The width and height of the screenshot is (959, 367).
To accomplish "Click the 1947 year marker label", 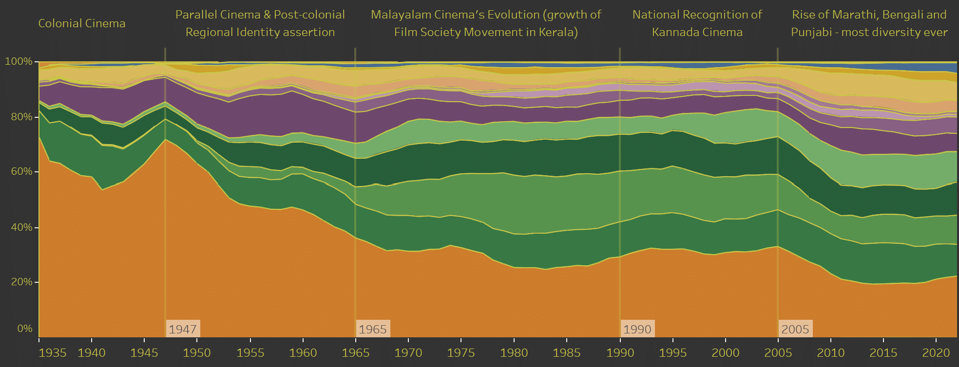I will pyautogui.click(x=183, y=329).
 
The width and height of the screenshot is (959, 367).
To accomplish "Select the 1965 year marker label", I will pyautogui.click(x=372, y=329).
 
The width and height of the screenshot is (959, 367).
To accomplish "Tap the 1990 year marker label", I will pyautogui.click(x=637, y=329).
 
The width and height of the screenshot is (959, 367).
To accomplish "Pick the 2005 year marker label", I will pyautogui.click(x=795, y=329).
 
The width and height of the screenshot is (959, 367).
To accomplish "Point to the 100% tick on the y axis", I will pyautogui.click(x=19, y=62).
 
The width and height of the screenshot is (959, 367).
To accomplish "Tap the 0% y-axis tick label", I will pyautogui.click(x=25, y=329).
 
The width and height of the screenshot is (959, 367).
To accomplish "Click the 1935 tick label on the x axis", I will pyautogui.click(x=52, y=353).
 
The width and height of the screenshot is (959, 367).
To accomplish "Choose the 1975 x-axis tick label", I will pyautogui.click(x=460, y=353).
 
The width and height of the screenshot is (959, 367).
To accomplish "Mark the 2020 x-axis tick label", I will pyautogui.click(x=936, y=353).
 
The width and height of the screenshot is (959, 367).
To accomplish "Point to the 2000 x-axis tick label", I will pyautogui.click(x=725, y=353).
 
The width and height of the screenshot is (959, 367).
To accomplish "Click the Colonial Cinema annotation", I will pyautogui.click(x=82, y=23).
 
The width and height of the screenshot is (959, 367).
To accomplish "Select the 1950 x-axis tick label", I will pyautogui.click(x=196, y=353).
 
